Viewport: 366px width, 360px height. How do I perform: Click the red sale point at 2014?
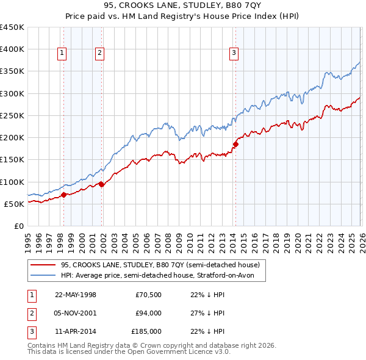tap(235, 144)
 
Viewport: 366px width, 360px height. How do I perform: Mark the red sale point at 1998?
tap(63, 195)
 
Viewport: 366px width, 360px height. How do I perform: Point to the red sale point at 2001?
tap(101, 184)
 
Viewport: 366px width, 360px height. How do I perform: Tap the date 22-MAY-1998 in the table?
tap(76, 294)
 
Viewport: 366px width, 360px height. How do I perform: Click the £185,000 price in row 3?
tap(146, 332)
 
